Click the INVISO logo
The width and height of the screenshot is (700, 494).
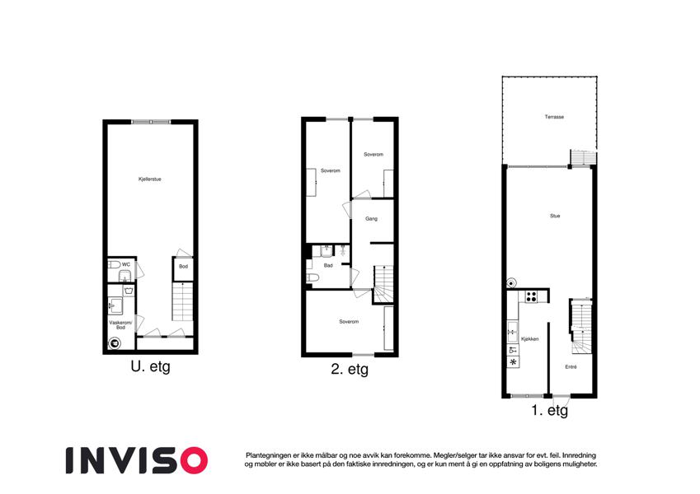(x=137, y=460)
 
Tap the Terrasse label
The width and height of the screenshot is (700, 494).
(x=554, y=117)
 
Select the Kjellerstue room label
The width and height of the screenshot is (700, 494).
(x=149, y=179)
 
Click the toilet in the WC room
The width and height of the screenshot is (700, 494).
(x=115, y=265)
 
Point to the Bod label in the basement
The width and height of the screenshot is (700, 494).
(x=184, y=267)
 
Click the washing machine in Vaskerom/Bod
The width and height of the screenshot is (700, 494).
(x=115, y=343)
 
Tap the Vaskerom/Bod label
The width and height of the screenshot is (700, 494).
(x=120, y=325)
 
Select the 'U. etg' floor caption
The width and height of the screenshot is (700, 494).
(x=150, y=367)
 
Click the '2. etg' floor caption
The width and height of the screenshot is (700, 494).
(x=350, y=370)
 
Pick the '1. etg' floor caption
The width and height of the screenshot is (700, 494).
(x=550, y=410)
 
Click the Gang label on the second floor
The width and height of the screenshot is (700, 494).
(x=371, y=219)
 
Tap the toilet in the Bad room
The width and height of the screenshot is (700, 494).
(x=312, y=278)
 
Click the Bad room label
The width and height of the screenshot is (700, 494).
(x=328, y=266)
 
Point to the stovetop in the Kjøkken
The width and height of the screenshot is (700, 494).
(x=531, y=296)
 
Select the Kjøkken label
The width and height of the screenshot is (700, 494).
(x=530, y=339)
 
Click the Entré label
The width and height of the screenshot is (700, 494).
(x=571, y=367)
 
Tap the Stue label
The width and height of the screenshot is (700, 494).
(x=555, y=216)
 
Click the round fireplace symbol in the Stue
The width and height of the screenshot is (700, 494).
(x=511, y=282)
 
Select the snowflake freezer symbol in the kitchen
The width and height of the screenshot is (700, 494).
(x=514, y=362)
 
